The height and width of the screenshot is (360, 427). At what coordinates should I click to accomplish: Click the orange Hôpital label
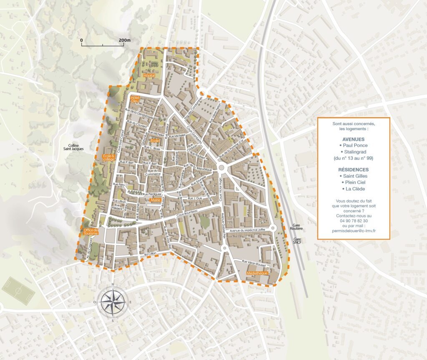click(x=149, y=76)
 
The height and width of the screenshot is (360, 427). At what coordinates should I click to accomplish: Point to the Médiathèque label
click(x=257, y=274)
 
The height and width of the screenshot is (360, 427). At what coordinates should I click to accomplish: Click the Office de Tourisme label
click(x=90, y=232)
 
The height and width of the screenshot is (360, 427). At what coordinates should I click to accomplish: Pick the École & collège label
click(x=108, y=157)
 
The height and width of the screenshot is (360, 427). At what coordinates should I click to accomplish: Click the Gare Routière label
click(x=296, y=229)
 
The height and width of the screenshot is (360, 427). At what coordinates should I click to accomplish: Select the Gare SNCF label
click(x=296, y=242)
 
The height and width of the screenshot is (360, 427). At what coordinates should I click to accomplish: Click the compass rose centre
click(x=112, y=302)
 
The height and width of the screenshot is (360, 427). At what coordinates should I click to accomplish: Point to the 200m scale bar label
click(x=124, y=40)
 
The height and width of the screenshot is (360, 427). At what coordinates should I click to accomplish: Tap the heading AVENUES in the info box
click(x=353, y=139)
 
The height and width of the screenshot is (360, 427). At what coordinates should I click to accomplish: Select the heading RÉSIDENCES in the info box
click(x=353, y=170)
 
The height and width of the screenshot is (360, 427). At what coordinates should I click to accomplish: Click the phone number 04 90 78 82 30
click(x=353, y=221)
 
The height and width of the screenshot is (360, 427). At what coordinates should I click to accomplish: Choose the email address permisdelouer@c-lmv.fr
click(x=353, y=231)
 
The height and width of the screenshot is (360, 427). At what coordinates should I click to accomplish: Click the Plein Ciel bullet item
click(x=353, y=182)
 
